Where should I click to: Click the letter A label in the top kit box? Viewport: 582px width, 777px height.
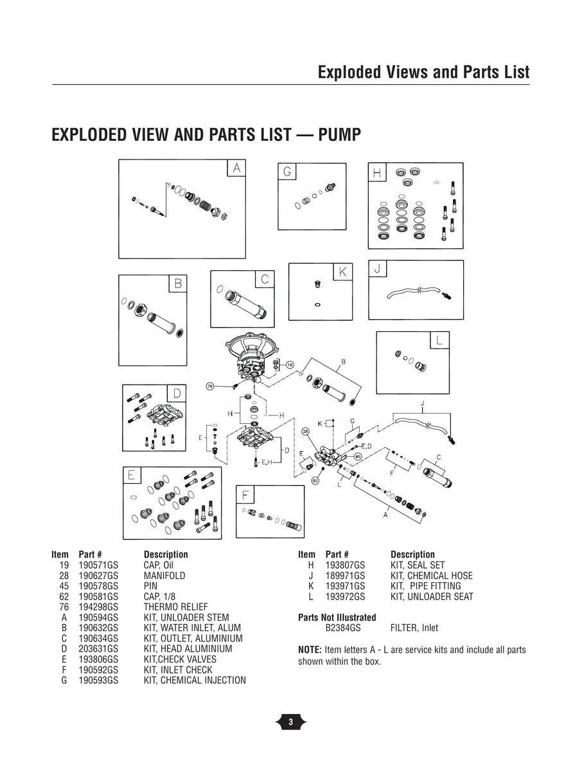(236, 168)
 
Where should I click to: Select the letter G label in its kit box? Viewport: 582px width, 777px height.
(287, 172)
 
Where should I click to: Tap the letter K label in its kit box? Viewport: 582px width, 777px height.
(342, 273)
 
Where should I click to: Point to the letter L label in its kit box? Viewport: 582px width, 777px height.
(439, 341)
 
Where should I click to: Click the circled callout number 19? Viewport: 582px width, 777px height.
(290, 365)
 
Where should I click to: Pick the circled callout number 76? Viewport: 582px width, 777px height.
(209, 386)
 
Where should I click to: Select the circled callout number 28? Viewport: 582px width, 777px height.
(305, 431)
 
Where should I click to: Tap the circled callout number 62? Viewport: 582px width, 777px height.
(315, 480)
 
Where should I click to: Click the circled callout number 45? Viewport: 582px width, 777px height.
(358, 456)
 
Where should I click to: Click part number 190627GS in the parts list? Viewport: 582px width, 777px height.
(98, 576)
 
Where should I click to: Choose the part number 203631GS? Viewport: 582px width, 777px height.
(98, 649)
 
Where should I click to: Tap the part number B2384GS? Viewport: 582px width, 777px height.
(343, 628)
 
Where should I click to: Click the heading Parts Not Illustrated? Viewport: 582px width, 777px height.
(337, 617)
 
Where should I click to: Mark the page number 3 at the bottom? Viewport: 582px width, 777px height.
(290, 722)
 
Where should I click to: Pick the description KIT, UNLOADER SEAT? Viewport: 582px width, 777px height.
(432, 597)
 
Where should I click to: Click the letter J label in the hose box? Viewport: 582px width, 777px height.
(378, 268)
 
